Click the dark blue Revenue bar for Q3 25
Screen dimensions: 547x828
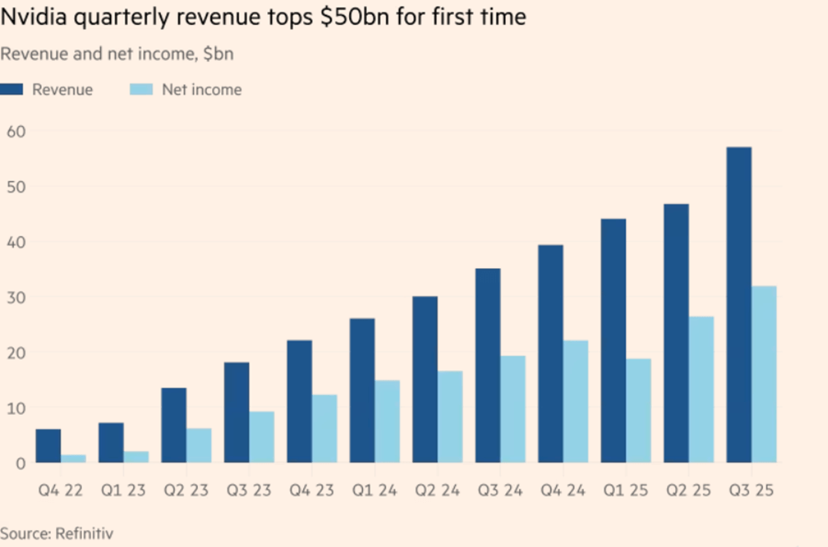coord(739,305)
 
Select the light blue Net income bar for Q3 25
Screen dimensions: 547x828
coord(764,374)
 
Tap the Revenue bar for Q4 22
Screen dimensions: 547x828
coord(48,446)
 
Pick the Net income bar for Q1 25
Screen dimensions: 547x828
coord(639,410)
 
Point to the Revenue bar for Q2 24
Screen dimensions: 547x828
coord(425,379)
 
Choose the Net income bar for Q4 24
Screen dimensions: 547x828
coord(575,401)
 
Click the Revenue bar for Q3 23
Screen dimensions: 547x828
coord(236,412)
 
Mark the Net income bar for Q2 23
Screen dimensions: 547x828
coord(199,445)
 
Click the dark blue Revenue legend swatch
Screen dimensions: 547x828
coord(12,89)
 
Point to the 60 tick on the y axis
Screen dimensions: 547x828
coord(17,131)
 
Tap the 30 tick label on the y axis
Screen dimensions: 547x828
coord(17,297)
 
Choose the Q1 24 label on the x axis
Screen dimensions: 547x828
coord(375,491)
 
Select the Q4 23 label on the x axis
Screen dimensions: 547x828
coord(312,491)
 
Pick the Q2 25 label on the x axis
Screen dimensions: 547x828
coord(689,491)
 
